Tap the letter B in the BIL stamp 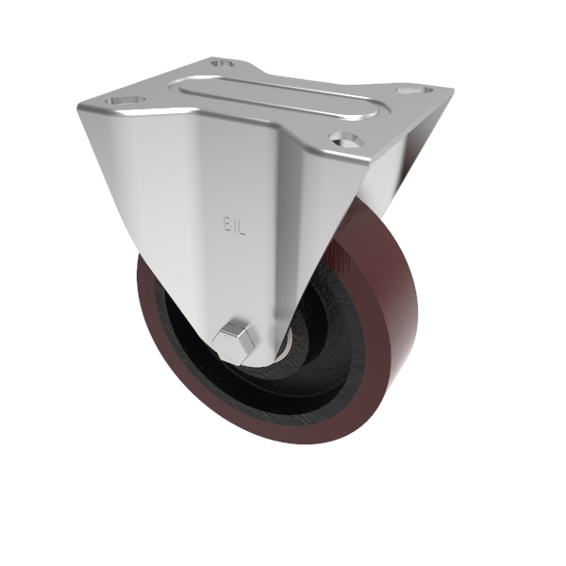click(x=226, y=226)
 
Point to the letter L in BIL click(x=241, y=226)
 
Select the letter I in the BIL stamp click(x=234, y=226)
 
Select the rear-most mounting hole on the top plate click(x=223, y=64)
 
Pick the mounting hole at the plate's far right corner click(x=408, y=92)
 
